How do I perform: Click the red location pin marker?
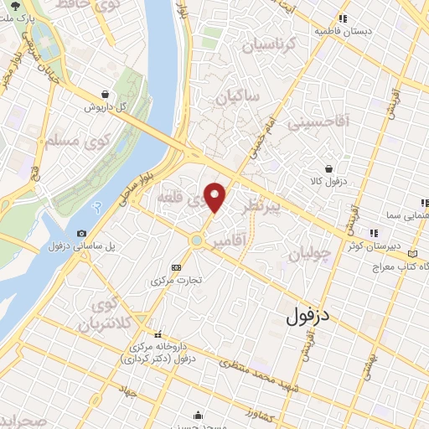pos(215,197)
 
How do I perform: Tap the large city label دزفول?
pos(310,315)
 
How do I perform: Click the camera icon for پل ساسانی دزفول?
pos(81,233)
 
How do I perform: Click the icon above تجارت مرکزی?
pos(175,267)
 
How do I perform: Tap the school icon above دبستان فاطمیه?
pos(342,18)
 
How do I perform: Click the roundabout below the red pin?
pos(196,241)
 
